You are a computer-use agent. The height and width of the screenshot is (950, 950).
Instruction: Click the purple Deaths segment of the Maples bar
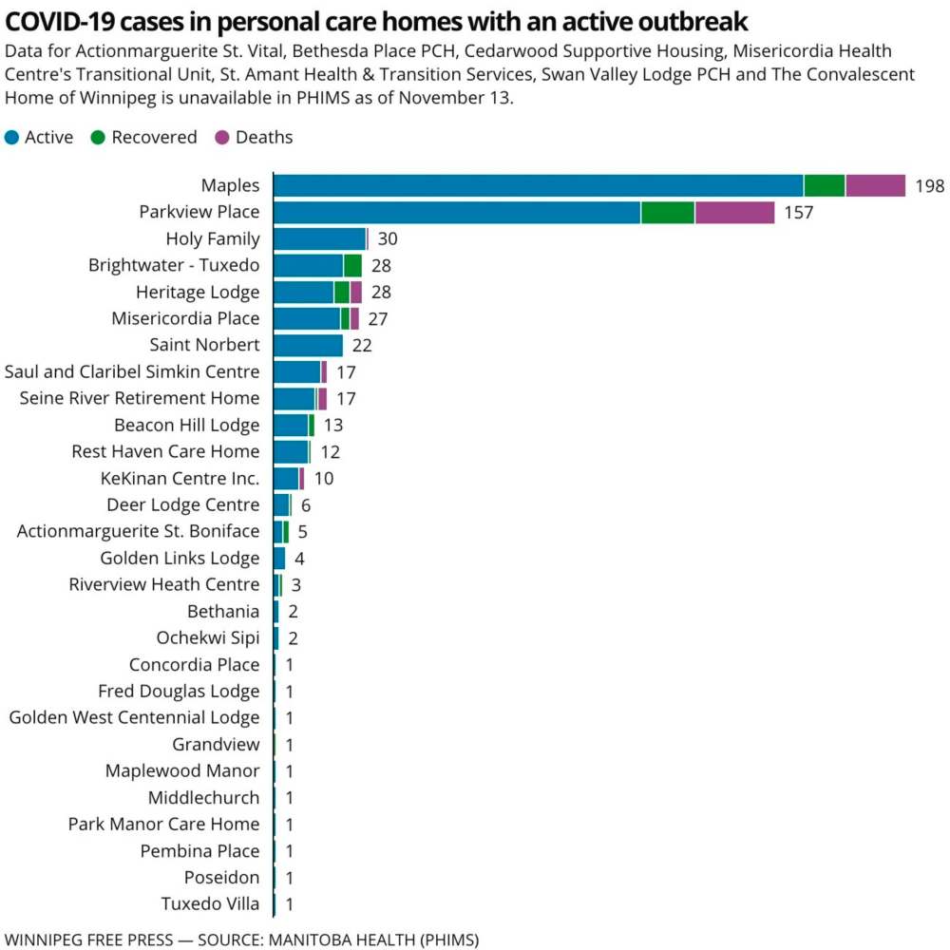point(875,185)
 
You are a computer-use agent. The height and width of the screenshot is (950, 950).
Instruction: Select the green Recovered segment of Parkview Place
point(668,212)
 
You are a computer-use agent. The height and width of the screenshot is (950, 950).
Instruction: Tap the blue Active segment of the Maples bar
point(538,185)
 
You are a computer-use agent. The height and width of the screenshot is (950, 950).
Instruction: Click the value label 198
point(930,185)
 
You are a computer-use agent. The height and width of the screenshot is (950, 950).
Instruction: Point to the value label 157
point(799,212)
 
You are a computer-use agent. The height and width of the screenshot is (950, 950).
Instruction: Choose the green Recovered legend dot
point(97,138)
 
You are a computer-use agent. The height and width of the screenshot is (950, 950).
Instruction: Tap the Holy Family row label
point(212,238)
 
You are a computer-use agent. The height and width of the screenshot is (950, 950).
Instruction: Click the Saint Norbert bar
point(308,345)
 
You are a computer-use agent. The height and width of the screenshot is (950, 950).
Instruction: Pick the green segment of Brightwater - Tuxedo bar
point(352,265)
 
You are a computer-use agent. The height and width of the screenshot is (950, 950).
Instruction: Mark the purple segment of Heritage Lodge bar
point(356,292)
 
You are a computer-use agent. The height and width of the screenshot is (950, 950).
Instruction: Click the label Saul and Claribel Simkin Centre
point(132,371)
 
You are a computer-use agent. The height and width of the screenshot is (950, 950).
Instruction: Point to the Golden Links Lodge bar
point(279,558)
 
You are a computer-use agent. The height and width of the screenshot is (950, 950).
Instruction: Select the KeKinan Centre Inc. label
point(180,478)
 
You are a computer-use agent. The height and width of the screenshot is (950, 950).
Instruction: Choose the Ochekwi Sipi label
point(207,637)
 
